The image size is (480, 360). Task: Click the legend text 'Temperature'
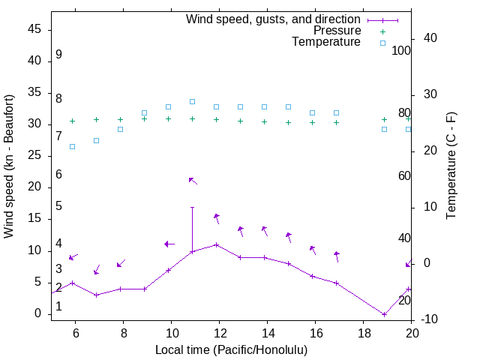click(326, 42)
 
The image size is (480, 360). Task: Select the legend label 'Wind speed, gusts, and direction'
click(274, 19)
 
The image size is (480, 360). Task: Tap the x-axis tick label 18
click(364, 333)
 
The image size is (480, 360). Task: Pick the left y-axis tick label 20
click(34, 187)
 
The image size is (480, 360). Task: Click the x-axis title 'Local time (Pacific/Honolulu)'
click(231, 349)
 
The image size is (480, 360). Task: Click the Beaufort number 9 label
click(58, 55)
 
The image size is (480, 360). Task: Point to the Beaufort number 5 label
click(58, 206)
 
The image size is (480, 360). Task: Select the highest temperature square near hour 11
click(193, 101)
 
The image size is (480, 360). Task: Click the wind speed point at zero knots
click(384, 314)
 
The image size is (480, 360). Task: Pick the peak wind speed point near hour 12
click(217, 244)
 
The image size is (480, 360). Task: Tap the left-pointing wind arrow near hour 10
click(169, 244)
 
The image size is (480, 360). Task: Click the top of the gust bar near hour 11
click(193, 207)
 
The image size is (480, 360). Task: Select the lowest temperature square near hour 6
click(73, 146)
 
